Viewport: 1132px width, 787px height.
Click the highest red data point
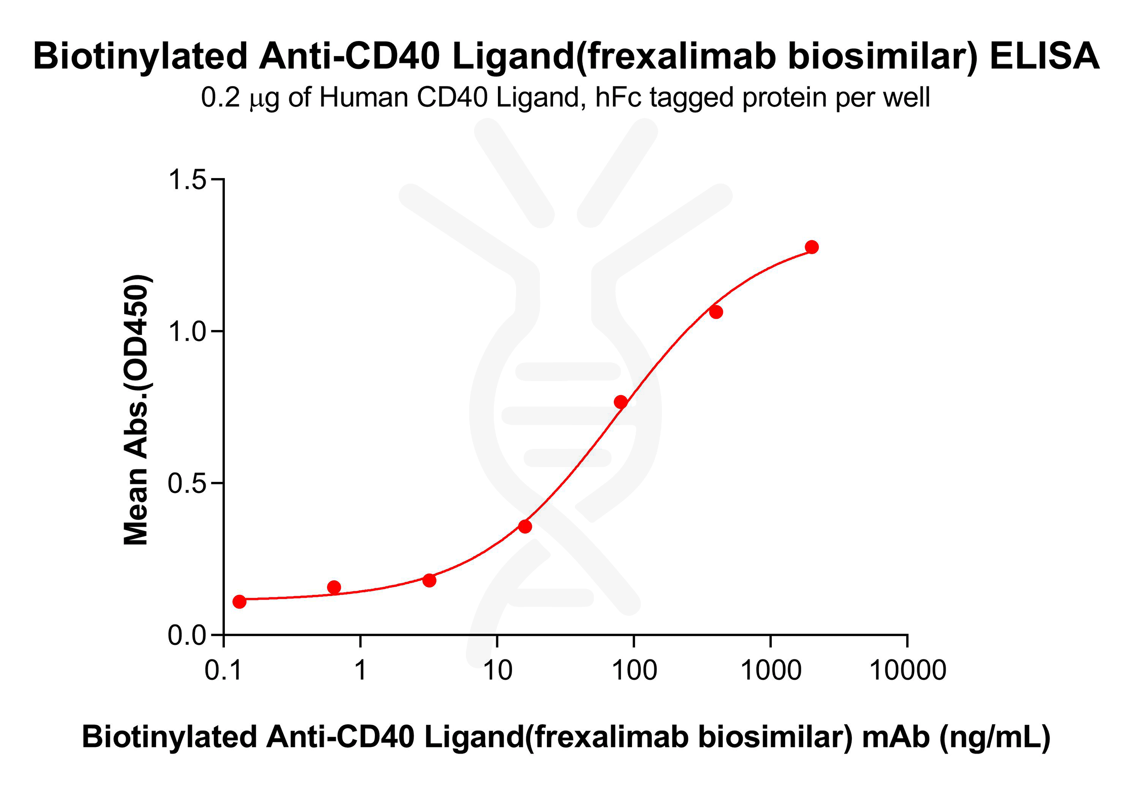point(811,247)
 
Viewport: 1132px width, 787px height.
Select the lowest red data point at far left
point(240,601)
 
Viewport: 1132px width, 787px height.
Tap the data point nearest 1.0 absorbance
point(716,312)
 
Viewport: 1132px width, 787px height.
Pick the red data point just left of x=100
point(620,402)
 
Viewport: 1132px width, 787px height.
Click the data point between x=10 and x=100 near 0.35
point(525,526)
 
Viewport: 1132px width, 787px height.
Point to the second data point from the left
point(334,587)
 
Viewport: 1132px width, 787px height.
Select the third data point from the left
point(429,580)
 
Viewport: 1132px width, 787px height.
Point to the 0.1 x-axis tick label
point(223,671)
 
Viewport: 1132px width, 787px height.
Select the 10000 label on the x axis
point(908,671)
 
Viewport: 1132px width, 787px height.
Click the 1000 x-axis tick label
point(770,671)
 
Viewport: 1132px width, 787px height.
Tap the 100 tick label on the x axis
point(634,671)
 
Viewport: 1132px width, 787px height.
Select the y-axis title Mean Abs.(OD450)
point(136,410)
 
